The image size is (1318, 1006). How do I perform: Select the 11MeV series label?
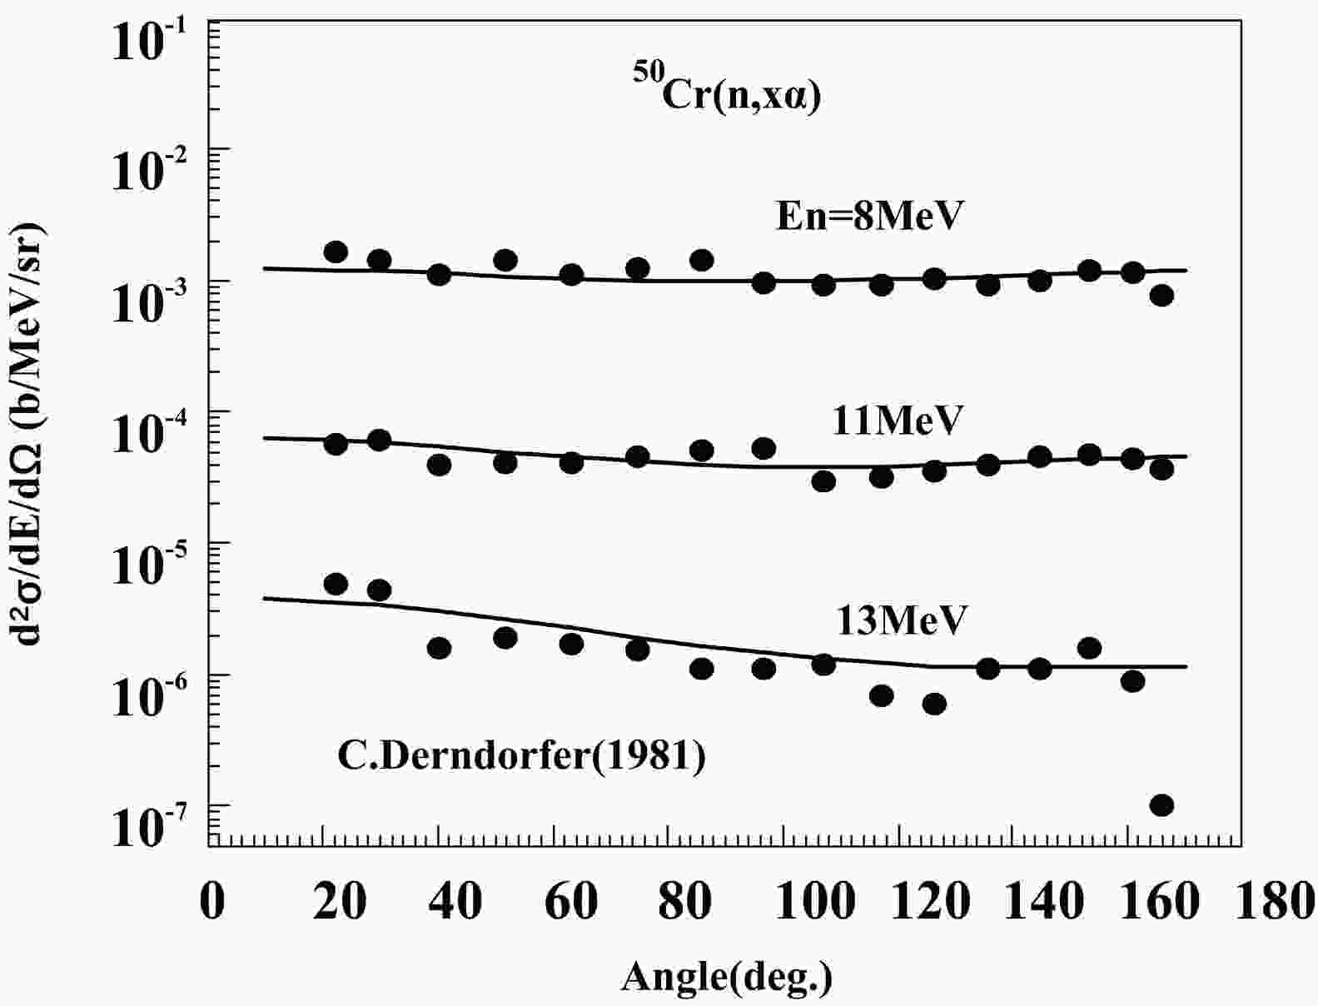tap(897, 420)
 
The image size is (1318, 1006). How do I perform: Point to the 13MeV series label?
tap(902, 620)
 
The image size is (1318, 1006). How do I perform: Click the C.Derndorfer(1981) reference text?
tap(521, 756)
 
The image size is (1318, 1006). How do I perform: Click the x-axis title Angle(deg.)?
tap(726, 976)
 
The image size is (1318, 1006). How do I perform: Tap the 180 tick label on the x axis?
tap(1273, 901)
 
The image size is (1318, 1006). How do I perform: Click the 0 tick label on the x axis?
tap(213, 901)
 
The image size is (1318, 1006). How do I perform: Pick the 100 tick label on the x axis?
tap(814, 901)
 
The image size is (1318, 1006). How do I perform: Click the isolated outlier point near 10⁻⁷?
tap(1161, 805)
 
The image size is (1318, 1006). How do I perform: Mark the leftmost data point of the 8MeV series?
tap(336, 251)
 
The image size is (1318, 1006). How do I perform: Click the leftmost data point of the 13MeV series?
tap(336, 584)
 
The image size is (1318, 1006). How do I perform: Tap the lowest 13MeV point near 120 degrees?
tap(934, 704)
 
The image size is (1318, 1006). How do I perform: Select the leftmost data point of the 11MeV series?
tap(336, 444)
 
